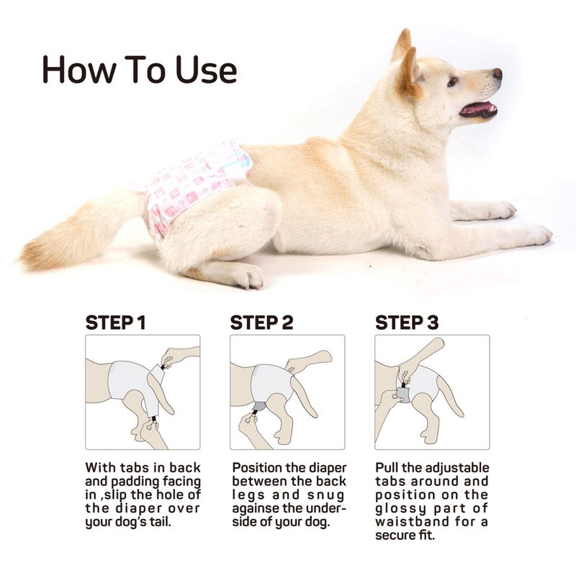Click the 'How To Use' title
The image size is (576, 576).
pos(139,69)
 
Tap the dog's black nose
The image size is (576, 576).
pos(497,73)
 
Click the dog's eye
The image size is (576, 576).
pos(452,81)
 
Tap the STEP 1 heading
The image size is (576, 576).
pos(115,323)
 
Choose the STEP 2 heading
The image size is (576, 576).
pos(261,323)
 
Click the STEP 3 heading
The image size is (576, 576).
pos(406,323)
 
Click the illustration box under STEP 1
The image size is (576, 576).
pos(143,392)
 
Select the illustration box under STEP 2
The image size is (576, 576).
pos(287,392)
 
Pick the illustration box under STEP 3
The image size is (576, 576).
pos(432,392)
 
